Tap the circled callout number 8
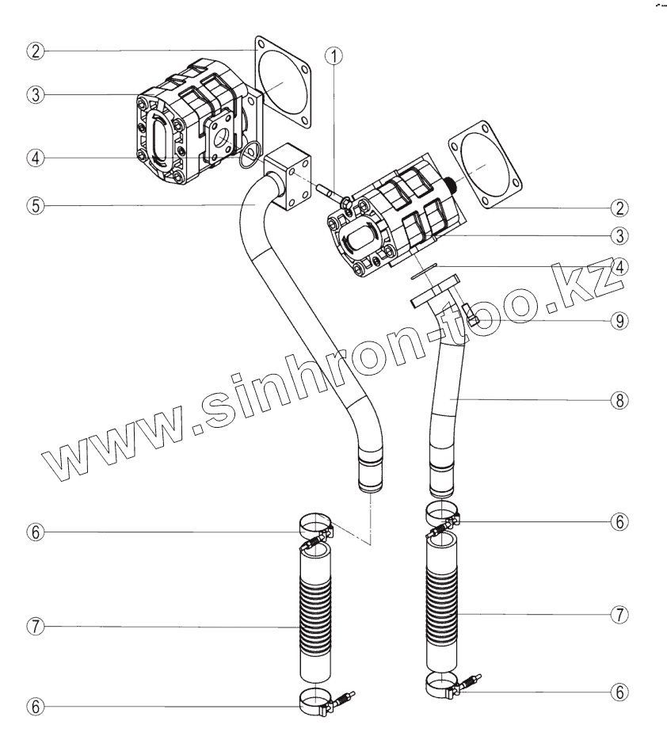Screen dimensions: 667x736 pyautogui.click(x=619, y=400)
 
